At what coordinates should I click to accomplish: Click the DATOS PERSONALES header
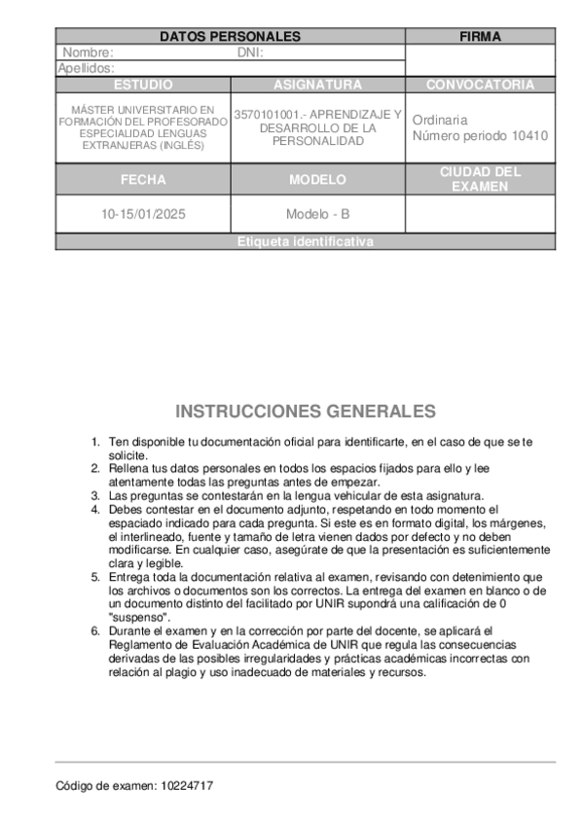(230, 37)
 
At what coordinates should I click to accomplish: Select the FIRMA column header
(480, 37)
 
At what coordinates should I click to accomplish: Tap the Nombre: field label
(88, 53)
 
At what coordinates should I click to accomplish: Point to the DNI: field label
(251, 53)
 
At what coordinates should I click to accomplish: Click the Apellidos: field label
(86, 68)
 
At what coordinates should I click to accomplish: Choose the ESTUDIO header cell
(143, 85)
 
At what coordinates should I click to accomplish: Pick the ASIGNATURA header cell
(317, 85)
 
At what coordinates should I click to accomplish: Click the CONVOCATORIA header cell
(480, 85)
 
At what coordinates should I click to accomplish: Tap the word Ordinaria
(439, 120)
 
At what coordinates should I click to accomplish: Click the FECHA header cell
(143, 180)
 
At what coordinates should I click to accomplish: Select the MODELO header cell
(317, 180)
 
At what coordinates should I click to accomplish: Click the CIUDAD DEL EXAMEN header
(480, 179)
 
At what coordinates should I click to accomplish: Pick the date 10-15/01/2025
(143, 214)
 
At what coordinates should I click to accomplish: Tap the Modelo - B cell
(317, 214)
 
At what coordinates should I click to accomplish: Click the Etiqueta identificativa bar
(305, 242)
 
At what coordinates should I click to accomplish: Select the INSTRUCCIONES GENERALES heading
(305, 412)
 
